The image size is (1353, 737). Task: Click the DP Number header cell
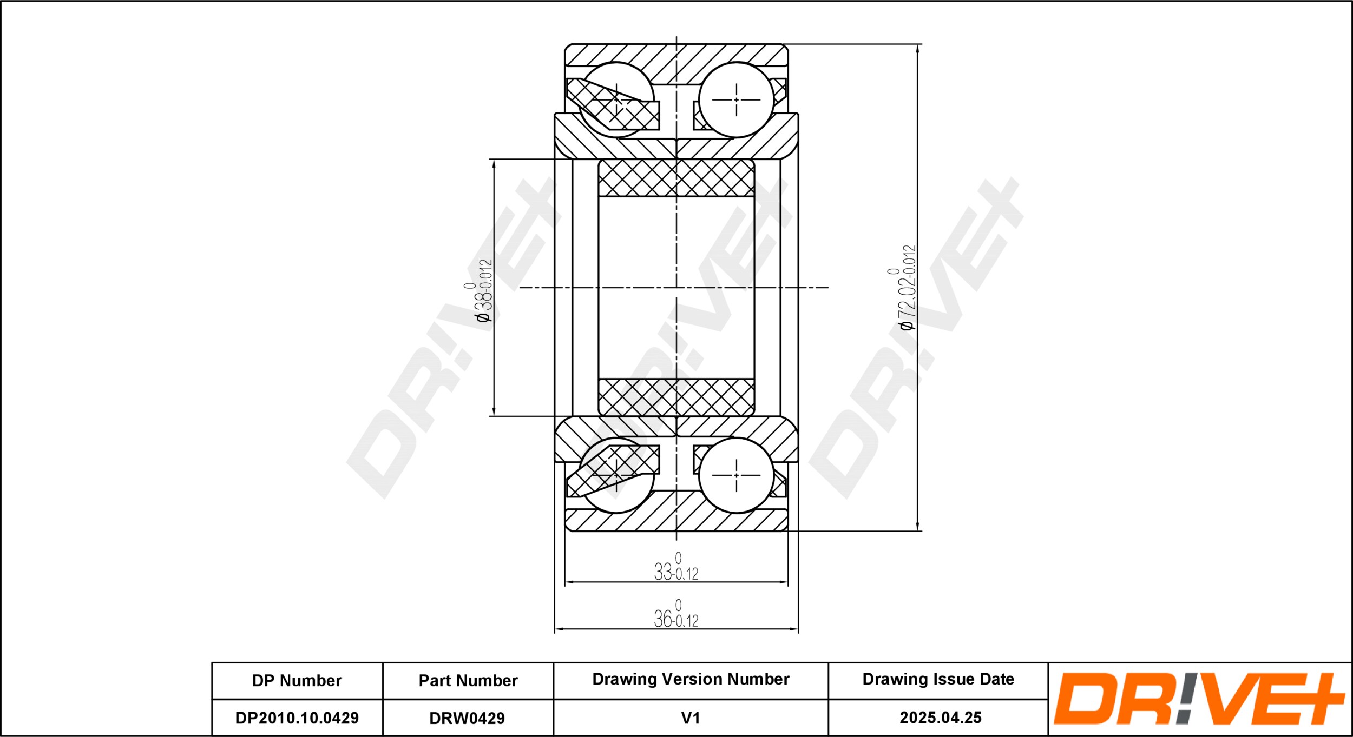[x=297, y=680]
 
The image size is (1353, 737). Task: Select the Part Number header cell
[x=468, y=680]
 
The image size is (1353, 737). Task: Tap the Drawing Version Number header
[x=691, y=679]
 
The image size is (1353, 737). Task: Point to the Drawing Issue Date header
[x=938, y=679]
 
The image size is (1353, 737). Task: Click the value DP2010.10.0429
[x=297, y=718]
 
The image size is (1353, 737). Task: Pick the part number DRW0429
[x=467, y=718]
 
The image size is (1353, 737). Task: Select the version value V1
[x=691, y=718]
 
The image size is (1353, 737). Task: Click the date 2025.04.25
[x=941, y=718]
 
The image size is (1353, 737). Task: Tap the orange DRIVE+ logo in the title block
[x=1198, y=699]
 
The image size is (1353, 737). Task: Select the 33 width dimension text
[x=676, y=567]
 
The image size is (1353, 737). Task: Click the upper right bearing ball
[x=736, y=99]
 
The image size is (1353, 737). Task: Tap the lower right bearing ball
[x=736, y=475]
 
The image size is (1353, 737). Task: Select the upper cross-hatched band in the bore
[x=676, y=178]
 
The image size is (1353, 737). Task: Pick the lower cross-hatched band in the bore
[x=676, y=397]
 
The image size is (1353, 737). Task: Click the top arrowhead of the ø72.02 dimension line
[x=918, y=50]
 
